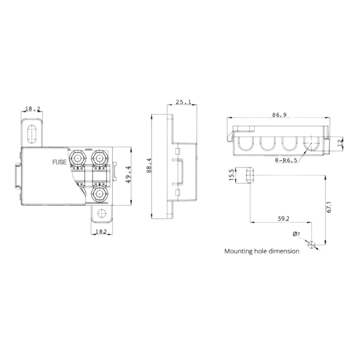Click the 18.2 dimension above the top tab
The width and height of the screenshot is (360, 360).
32,109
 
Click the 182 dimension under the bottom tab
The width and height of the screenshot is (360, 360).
101,231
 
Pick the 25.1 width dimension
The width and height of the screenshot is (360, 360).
184,102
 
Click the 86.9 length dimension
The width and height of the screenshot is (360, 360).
279,115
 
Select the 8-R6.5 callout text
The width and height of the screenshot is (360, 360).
286,160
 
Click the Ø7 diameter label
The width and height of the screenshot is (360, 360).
296,234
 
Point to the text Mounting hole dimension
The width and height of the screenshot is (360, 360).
262,251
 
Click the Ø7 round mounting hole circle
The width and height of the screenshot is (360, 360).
312,245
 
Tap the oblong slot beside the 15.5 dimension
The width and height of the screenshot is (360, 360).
250,175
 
